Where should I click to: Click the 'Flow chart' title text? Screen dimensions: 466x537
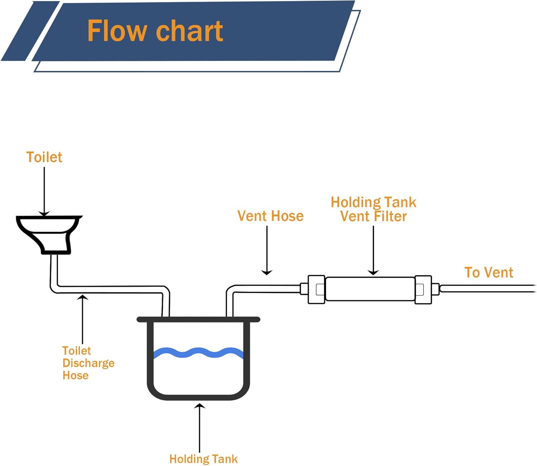[155, 31]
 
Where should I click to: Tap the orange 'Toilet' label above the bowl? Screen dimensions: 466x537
[44, 157]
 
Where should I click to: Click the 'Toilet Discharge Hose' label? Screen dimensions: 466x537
[88, 363]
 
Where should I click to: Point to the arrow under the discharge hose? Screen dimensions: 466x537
[83, 319]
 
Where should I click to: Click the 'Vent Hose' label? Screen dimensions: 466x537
[270, 216]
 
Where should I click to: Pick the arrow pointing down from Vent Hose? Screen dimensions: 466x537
[267, 251]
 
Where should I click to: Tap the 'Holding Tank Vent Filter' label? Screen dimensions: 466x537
[373, 209]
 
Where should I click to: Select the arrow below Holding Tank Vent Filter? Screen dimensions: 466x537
[373, 251]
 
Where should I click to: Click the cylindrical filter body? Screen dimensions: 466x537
[370, 289]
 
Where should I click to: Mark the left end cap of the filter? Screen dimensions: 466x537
[316, 289]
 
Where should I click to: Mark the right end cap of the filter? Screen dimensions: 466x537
[423, 289]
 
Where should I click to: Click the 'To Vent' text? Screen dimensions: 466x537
[489, 273]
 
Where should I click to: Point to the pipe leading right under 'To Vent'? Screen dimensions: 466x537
[487, 288]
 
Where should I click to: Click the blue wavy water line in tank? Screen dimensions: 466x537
[198, 353]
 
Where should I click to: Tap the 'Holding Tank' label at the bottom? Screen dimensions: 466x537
[203, 459]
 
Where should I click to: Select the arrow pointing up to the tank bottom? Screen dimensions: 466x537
[199, 428]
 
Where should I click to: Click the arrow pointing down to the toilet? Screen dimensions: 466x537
[44, 192]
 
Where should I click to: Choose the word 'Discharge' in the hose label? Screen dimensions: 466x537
[88, 363]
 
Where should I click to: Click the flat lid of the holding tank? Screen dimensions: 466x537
[198, 320]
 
